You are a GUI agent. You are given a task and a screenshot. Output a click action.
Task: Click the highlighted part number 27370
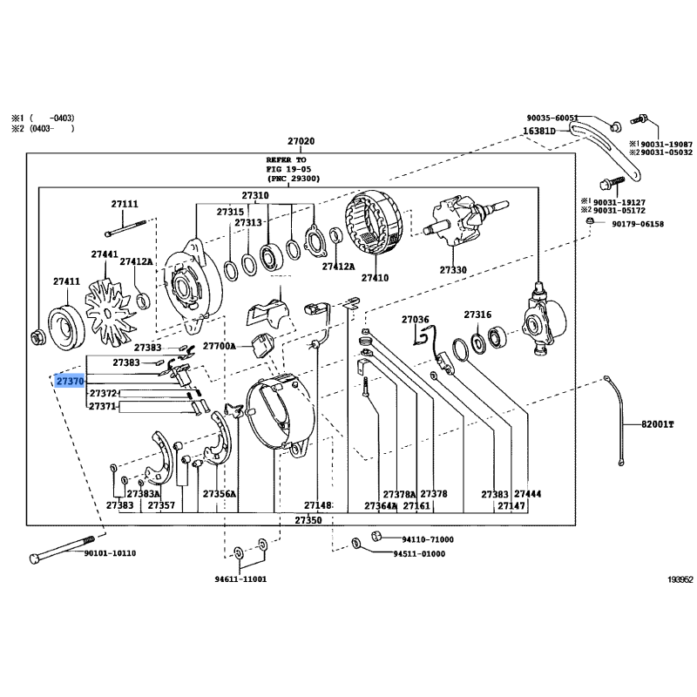point(70,381)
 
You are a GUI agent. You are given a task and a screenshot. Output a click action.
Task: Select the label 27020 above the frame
point(301,141)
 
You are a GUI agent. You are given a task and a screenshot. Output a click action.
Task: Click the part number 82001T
point(658,424)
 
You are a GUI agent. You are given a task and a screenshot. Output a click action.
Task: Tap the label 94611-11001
point(240,579)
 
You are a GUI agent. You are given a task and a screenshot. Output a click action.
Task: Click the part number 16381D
point(539,131)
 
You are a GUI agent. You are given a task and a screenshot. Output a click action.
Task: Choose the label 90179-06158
point(638,224)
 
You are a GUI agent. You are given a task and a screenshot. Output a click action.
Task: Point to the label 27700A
point(220,345)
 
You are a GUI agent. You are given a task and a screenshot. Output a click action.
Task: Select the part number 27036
point(416,319)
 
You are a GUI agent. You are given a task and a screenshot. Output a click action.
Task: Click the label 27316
point(477,315)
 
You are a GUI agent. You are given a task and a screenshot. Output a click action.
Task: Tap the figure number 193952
point(680,579)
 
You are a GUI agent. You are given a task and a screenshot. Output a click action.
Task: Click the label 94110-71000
point(428,539)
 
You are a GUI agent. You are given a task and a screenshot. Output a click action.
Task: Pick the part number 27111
point(125,204)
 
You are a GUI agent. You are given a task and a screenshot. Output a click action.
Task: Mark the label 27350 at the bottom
point(308,520)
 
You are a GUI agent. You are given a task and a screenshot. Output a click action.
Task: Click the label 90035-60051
point(552,118)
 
